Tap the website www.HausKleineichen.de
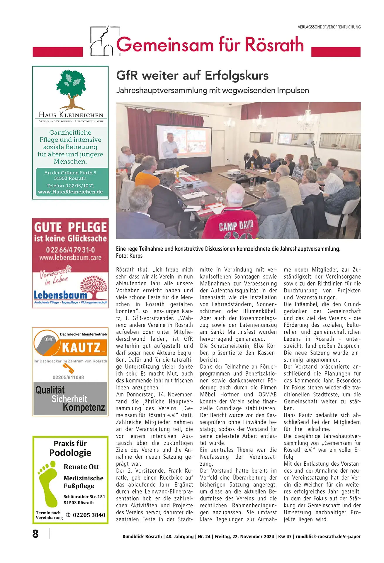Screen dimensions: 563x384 [70, 192]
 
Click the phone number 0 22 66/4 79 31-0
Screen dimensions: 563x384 [70, 250]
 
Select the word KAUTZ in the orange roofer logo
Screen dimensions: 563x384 [81, 348]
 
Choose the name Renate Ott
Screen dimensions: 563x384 [81, 467]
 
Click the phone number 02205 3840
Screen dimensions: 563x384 [89, 515]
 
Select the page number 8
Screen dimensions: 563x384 [35, 534]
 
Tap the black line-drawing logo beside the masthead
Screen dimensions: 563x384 [101, 42]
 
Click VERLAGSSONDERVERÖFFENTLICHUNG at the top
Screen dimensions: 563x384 [329, 27]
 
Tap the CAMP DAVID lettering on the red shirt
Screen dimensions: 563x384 [236, 226]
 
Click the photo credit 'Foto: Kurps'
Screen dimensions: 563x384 [129, 256]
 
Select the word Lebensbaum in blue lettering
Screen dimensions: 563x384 [60, 295]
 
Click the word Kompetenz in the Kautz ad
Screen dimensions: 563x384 [84, 407]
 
